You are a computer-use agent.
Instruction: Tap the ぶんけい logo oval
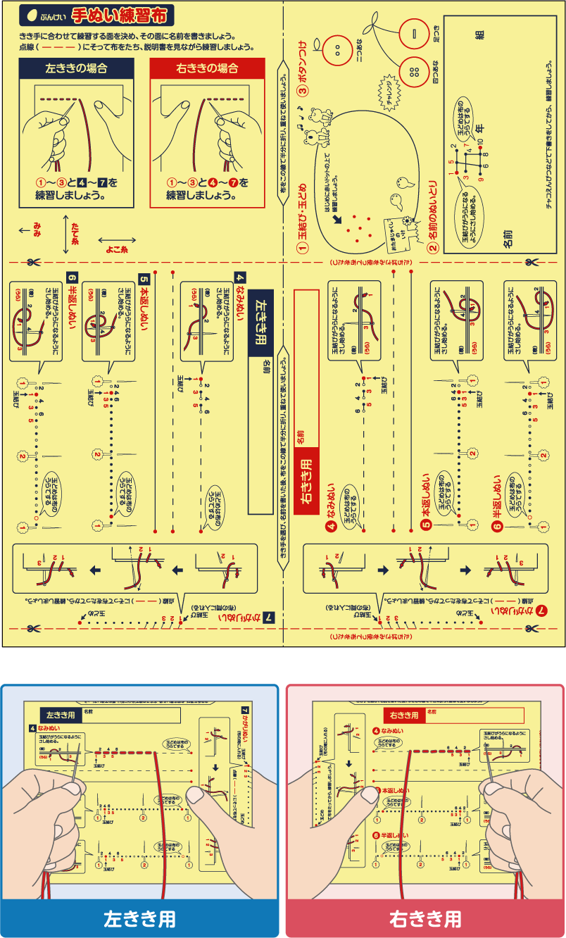[x=43, y=15]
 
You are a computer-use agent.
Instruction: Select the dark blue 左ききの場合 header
[x=76, y=68]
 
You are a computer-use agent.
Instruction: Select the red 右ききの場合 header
[x=207, y=68]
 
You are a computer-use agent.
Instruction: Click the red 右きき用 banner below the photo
[x=425, y=918]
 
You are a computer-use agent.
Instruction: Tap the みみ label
[x=37, y=229]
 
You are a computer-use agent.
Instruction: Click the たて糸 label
[x=75, y=233]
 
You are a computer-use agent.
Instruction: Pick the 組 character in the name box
[x=479, y=36]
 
